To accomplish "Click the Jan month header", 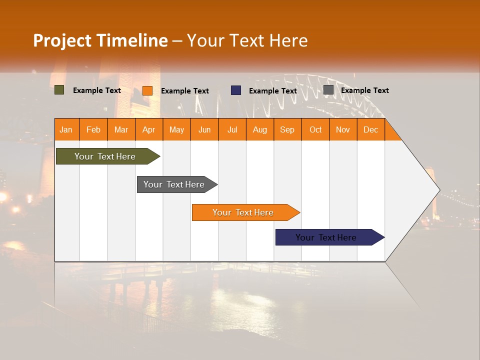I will [66, 129].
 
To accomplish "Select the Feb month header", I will [93, 129].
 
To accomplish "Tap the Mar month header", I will [121, 129].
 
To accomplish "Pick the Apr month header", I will [149, 129].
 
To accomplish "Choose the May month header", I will [176, 129].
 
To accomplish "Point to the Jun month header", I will [204, 129].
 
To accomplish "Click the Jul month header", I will [232, 129].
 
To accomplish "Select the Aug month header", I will [260, 129].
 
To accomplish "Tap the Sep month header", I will [287, 129].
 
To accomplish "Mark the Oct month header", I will [315, 129].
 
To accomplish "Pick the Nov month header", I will [343, 129].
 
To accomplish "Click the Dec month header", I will [370, 129].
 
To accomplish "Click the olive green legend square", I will [59, 90].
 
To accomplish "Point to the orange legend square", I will [147, 90].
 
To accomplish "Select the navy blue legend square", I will [236, 90].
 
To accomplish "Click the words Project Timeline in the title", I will [100, 40].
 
